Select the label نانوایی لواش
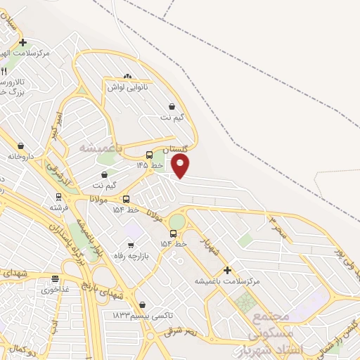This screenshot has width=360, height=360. coord(127,88)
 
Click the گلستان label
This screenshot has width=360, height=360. coord(176,150)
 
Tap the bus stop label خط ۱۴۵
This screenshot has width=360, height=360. coord(149,165)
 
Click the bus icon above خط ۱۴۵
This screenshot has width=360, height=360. coord(149,155)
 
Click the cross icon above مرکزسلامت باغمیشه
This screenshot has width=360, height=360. coord(227,270)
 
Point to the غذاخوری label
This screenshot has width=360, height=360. coord(56,289)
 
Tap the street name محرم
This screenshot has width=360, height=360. coord(278,226)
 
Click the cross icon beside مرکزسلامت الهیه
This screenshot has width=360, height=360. coord(23,43)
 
